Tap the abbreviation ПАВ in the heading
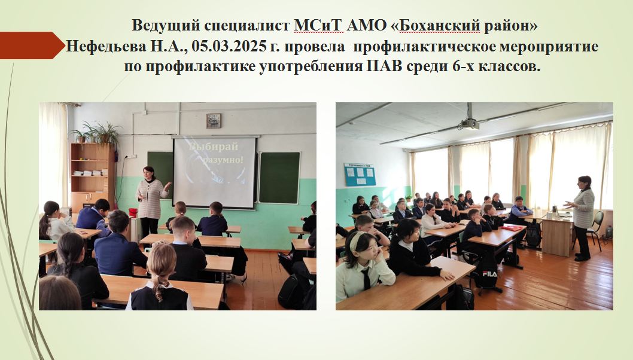[x=384, y=66]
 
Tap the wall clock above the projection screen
[x=214, y=121]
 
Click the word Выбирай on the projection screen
[x=214, y=147]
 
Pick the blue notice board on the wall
[x=360, y=175]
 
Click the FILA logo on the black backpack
[x=489, y=274]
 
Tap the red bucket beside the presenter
[x=133, y=213]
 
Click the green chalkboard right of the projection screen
[x=280, y=178]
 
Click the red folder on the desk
[x=512, y=228]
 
